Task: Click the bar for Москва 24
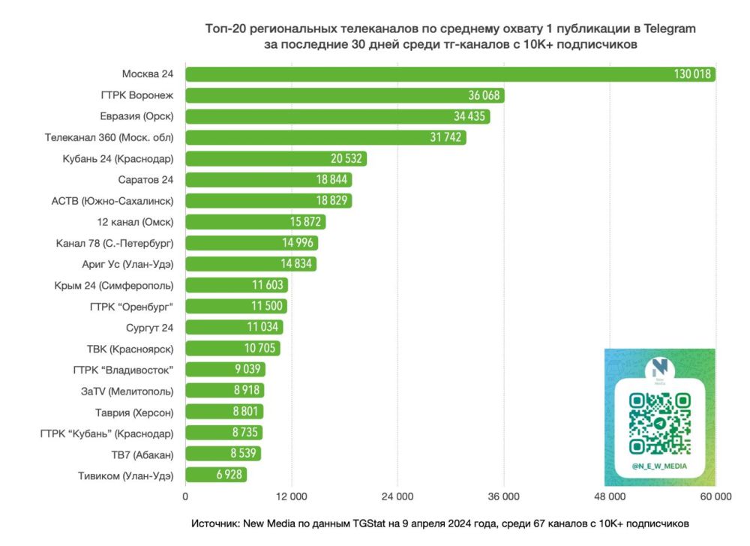pos(450,74)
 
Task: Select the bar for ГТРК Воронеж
pos(344,95)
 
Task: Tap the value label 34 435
pos(470,116)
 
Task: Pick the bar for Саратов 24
pos(268,180)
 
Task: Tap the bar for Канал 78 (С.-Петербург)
pos(251,243)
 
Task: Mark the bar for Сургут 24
pos(234,327)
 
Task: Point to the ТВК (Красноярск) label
pos(130,348)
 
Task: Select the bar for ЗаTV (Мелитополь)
pos(224,390)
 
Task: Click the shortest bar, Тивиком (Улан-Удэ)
pos(216,475)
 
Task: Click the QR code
pos(659,424)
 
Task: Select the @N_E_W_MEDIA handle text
pos(659,466)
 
